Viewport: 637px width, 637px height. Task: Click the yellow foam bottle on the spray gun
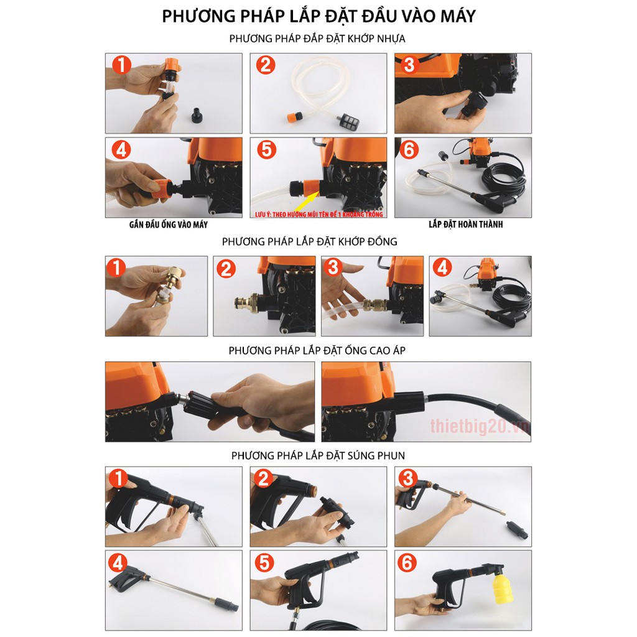click(x=503, y=588)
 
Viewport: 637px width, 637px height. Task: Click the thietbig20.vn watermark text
click(x=480, y=426)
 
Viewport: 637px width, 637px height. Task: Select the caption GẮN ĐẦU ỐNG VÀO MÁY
click(x=169, y=225)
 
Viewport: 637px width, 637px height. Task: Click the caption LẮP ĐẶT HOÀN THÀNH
click(x=465, y=224)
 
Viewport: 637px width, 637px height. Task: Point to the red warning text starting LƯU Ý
click(x=319, y=214)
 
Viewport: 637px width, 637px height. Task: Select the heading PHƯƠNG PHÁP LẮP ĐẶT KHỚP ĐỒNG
click(x=310, y=242)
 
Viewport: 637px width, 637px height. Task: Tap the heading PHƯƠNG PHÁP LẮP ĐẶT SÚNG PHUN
click(x=318, y=455)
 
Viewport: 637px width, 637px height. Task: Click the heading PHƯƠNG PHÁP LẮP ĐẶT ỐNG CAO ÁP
click(x=317, y=350)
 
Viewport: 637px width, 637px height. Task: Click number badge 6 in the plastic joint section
click(x=409, y=149)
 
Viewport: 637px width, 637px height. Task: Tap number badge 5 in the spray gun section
click(x=264, y=562)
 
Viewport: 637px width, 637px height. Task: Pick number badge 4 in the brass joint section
click(x=442, y=267)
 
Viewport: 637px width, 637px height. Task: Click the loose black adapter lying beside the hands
click(x=198, y=115)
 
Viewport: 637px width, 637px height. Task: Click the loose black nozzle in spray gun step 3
click(x=517, y=529)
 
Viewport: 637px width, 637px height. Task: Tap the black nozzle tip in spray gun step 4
click(x=228, y=603)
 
